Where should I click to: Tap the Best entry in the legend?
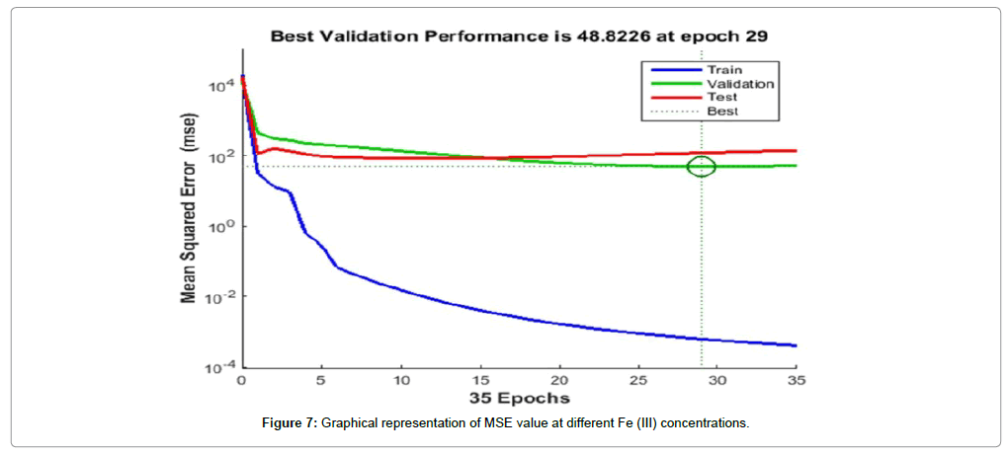point(721,112)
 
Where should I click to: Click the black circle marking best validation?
point(702,167)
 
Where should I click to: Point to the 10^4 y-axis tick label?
point(220,86)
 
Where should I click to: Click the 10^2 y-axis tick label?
point(220,156)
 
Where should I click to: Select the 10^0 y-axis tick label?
point(220,226)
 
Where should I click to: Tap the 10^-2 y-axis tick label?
point(218,297)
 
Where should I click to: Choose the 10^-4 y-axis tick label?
point(218,367)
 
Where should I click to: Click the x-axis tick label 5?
point(321,380)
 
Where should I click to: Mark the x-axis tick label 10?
point(400,380)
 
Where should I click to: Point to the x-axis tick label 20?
point(558,380)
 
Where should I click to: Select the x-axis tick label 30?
point(717,380)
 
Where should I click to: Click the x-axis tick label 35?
point(796,380)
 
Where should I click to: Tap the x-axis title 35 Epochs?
point(519,399)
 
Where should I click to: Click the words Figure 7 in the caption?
point(287,423)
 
